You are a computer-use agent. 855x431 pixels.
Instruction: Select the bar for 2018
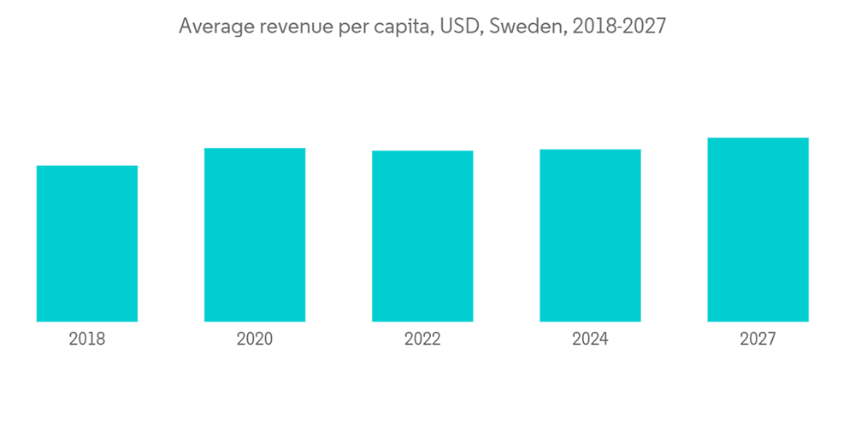pos(87,244)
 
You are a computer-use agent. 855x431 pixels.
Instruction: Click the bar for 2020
pos(255,235)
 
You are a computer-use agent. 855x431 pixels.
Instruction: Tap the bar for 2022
pos(422,236)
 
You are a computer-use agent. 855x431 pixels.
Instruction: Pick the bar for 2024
pos(590,236)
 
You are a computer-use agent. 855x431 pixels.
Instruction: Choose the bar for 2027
pos(758,230)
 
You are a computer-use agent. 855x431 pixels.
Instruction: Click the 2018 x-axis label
pos(87,339)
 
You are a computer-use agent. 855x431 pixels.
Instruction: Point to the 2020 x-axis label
pos(255,339)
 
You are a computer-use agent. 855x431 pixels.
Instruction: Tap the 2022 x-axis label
pos(422,339)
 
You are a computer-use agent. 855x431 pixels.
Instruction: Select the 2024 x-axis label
pos(590,339)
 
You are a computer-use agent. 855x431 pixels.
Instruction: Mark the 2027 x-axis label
pos(758,339)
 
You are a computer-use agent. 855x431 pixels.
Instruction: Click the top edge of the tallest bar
pos(758,139)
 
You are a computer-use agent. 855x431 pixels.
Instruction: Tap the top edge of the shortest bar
pos(87,166)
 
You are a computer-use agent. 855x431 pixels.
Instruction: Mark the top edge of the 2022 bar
pos(422,151)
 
